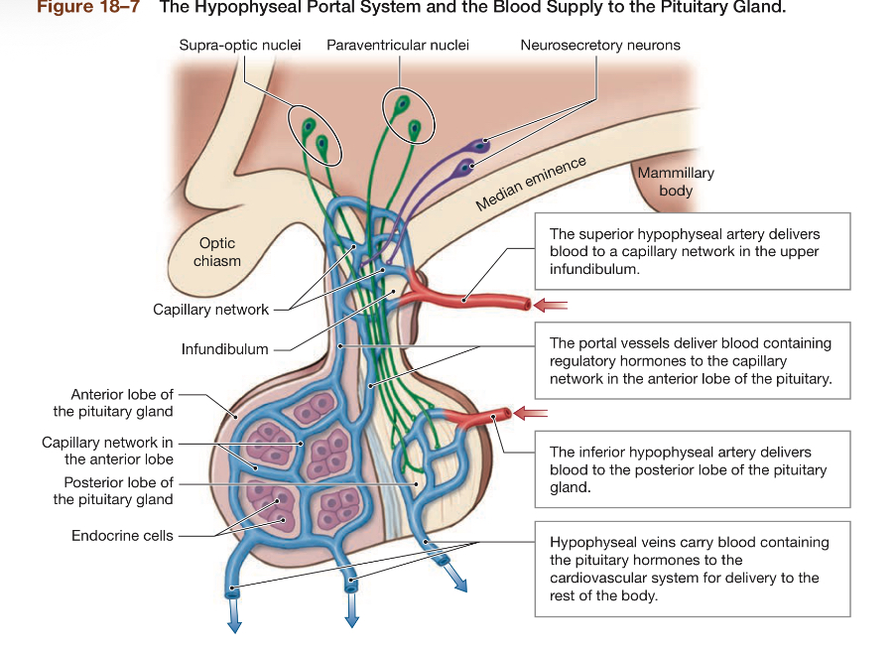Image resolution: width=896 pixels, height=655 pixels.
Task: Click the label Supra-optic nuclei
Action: click(x=239, y=46)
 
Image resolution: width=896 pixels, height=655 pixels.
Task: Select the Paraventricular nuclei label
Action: click(x=398, y=46)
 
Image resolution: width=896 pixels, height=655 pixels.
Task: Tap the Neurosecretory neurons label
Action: click(x=599, y=46)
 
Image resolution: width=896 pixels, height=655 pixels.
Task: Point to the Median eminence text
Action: click(x=531, y=184)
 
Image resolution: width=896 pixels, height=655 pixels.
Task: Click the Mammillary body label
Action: click(x=675, y=181)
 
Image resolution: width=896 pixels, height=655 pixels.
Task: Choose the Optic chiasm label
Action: click(x=216, y=252)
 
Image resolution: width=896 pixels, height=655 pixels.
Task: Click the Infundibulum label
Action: click(x=224, y=349)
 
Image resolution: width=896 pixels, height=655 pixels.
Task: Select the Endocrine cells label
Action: click(x=122, y=536)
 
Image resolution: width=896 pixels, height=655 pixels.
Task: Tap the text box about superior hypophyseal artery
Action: click(x=692, y=251)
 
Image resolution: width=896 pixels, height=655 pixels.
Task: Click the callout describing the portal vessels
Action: click(x=692, y=361)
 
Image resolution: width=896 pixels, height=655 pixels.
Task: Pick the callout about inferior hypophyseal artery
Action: click(x=692, y=470)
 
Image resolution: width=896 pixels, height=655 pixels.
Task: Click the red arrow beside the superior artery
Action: click(x=551, y=305)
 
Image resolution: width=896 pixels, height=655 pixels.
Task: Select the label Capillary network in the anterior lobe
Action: click(x=107, y=451)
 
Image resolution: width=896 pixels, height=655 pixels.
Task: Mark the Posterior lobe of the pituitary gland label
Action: click(x=113, y=491)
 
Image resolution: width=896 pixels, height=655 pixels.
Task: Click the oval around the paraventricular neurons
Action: click(x=403, y=117)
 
